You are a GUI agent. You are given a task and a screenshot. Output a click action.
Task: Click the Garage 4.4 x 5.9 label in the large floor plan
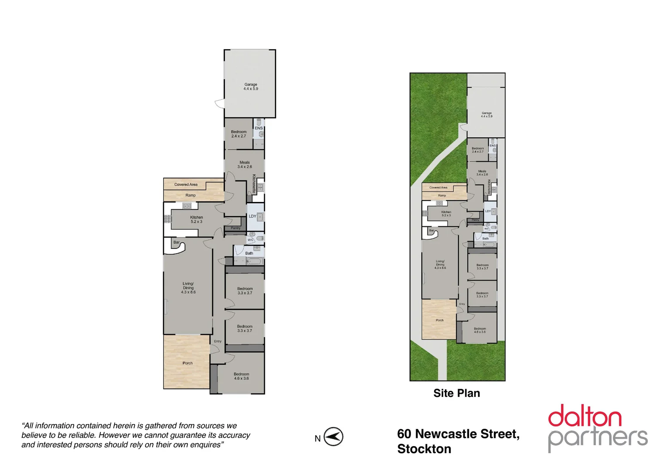(250, 86)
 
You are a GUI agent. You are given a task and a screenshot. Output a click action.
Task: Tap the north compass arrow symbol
(334, 437)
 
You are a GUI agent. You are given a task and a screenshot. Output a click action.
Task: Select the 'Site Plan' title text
(456, 393)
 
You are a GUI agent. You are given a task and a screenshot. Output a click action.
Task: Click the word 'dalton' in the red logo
(585, 416)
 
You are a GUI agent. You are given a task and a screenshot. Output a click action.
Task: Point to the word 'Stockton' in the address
(424, 449)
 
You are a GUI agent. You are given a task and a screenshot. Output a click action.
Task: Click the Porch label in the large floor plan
(188, 363)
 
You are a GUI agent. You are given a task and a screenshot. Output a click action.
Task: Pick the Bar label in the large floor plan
(176, 242)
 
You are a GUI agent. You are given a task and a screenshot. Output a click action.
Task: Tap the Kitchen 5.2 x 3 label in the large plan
(196, 219)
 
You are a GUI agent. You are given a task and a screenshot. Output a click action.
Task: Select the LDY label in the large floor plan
(253, 216)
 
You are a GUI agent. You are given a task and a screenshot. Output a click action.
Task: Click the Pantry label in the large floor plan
(236, 228)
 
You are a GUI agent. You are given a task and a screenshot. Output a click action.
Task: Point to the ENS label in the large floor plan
(259, 128)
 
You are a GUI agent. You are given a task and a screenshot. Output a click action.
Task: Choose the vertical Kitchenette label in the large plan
(254, 184)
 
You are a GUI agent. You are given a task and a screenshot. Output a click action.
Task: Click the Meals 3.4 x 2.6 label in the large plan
(245, 164)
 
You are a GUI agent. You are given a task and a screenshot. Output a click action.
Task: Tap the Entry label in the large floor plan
(218, 341)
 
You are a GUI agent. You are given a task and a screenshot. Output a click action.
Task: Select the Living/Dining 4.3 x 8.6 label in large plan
(188, 288)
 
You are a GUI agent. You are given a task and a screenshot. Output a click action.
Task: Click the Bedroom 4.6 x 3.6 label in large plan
(241, 376)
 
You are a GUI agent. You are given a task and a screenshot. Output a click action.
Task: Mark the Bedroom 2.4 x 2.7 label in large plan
(239, 134)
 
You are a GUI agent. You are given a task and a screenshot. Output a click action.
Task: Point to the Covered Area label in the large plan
(186, 184)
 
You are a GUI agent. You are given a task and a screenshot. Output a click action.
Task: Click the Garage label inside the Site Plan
(486, 115)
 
